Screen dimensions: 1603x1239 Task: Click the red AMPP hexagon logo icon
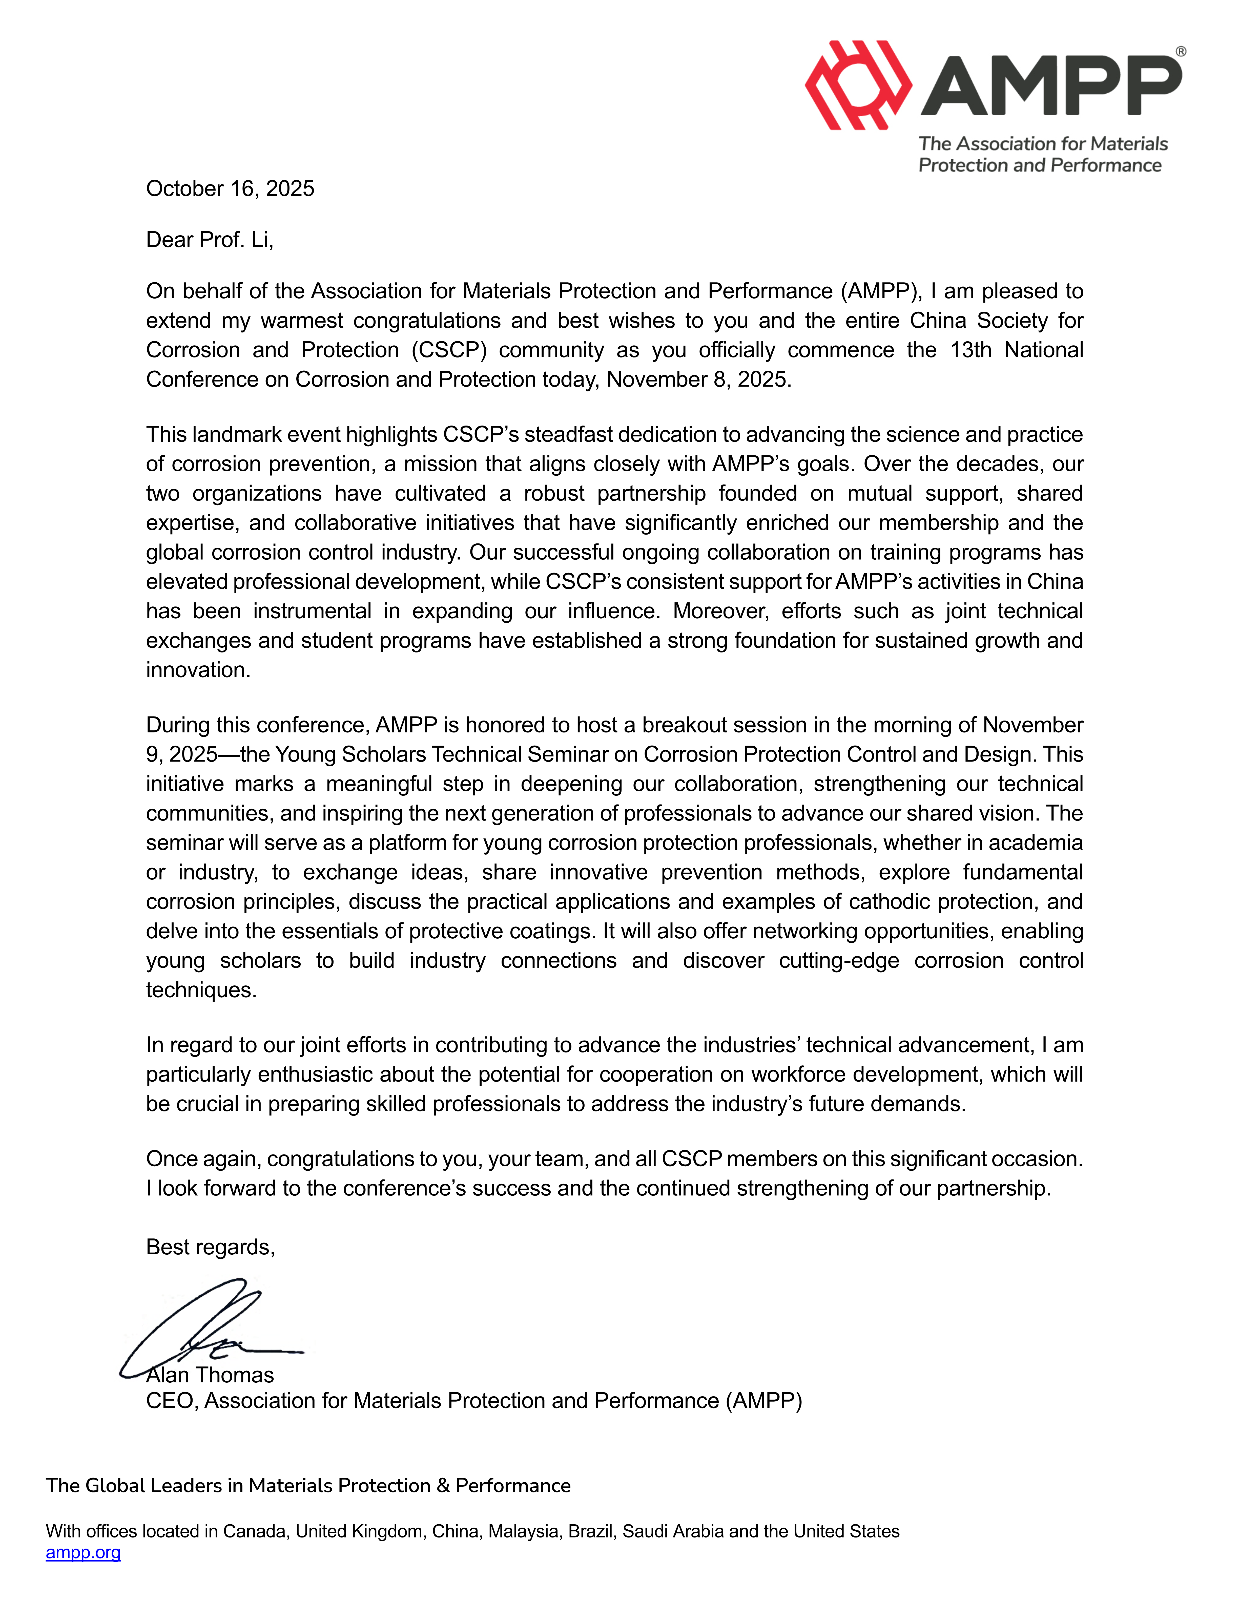[857, 85]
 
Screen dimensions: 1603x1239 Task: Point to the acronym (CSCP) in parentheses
[448, 350]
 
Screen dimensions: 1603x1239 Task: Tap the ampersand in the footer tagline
[443, 1486]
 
